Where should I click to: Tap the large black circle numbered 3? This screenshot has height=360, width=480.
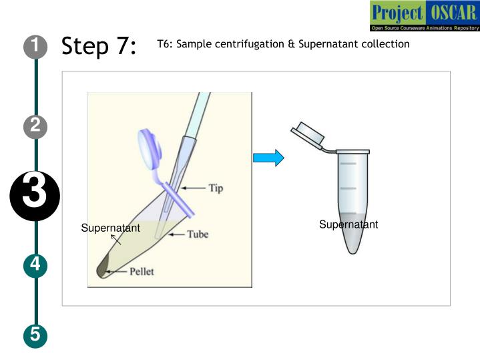[35, 196]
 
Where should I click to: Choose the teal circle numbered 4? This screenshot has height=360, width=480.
[35, 265]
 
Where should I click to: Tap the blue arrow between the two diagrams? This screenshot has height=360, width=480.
[268, 158]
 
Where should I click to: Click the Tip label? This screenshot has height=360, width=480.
[216, 188]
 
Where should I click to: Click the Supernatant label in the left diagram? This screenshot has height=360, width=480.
[111, 228]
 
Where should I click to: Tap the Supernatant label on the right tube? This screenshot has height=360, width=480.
[348, 224]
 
